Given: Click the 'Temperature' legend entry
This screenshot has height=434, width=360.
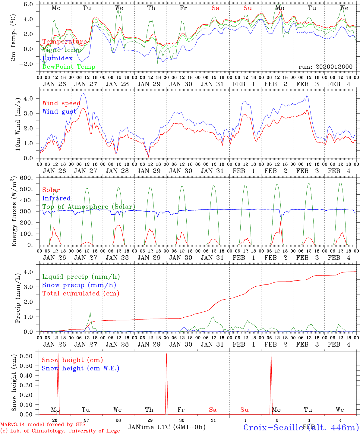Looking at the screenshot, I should tap(65, 42).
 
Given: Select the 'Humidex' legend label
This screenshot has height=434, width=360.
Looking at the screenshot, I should tap(57, 58).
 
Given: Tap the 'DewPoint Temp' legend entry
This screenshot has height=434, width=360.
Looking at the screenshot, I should tap(69, 67).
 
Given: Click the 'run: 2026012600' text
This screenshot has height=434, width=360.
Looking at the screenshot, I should tap(325, 67).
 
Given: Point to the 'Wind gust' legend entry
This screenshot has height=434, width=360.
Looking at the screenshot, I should tap(59, 112).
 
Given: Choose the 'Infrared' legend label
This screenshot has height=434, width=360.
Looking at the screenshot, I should tap(56, 198).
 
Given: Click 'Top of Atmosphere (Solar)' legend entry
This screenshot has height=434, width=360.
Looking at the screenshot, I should tap(89, 207).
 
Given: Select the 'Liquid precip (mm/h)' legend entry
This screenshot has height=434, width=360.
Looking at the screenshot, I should tap(81, 277).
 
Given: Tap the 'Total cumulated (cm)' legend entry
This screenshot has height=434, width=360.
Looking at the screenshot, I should tap(81, 293).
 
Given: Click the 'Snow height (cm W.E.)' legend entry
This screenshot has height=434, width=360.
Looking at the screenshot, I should tap(81, 368).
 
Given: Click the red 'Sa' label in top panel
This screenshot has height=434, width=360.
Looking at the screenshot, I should tap(215, 8).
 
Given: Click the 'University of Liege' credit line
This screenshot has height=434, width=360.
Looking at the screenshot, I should tap(60, 431).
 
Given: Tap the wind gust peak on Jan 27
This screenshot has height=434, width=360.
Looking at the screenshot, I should tap(83, 94).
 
